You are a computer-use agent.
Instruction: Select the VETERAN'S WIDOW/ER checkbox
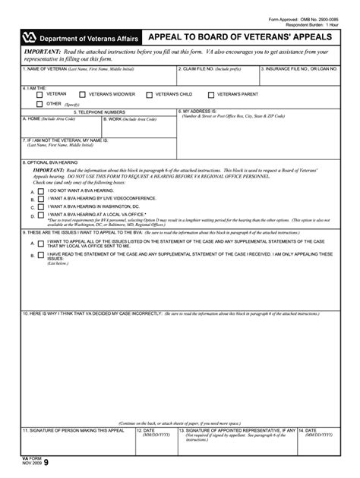(84, 95)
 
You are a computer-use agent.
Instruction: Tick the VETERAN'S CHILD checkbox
(150, 95)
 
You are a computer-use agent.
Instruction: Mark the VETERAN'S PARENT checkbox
(211, 95)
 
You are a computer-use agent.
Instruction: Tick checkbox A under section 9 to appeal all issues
(41, 244)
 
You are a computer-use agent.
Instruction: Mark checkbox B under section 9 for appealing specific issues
(41, 256)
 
